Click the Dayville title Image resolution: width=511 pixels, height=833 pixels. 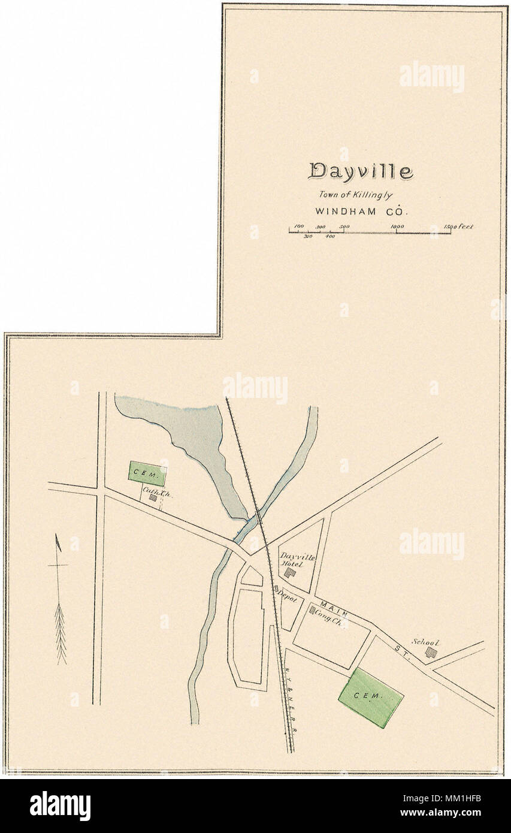click(361, 171)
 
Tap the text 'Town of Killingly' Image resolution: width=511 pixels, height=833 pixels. click(355, 194)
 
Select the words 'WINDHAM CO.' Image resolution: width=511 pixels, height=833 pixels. click(361, 211)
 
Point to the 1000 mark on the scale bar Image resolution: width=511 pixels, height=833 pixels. click(397, 227)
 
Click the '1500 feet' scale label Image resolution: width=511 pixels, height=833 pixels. click(458, 227)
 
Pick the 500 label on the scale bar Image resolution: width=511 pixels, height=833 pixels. click(344, 227)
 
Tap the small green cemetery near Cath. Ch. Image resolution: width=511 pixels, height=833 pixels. click(147, 473)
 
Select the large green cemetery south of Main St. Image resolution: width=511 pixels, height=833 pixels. click(371, 697)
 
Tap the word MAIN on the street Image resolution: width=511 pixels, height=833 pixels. click(331, 606)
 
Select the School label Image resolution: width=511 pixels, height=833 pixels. click(425, 642)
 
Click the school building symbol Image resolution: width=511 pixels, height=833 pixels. click(430, 652)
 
